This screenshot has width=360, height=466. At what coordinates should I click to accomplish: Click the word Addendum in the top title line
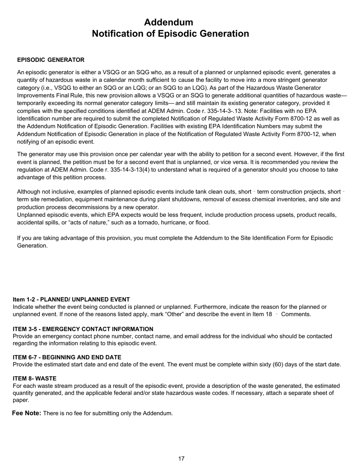click(x=168, y=22)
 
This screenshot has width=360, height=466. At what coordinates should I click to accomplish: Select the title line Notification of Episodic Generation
click(x=170, y=34)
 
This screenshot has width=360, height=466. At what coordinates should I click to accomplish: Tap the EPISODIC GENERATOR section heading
click(x=51, y=60)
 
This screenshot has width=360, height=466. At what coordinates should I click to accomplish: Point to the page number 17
click(x=181, y=459)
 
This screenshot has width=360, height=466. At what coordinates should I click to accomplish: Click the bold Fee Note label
click(x=27, y=413)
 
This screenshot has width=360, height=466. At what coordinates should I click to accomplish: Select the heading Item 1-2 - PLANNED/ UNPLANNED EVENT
click(x=71, y=299)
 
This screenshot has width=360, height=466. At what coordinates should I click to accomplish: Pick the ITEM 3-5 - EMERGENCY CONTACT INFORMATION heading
click(x=83, y=329)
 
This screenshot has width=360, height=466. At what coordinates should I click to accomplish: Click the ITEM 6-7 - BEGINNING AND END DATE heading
click(x=67, y=357)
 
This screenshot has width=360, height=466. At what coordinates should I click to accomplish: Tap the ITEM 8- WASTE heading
click(x=34, y=378)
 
